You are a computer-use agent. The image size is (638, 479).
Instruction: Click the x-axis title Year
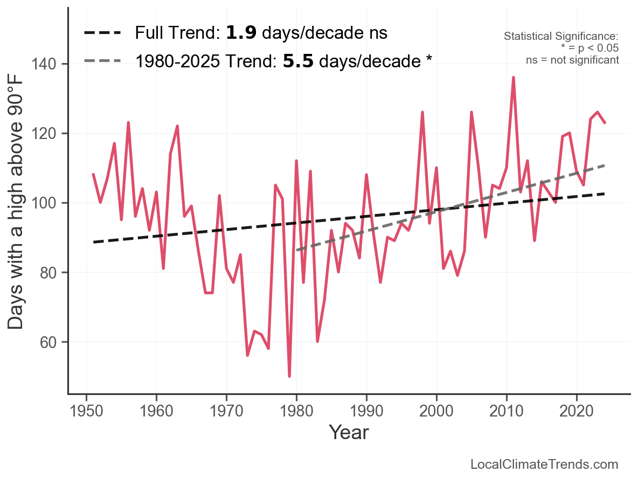click(349, 432)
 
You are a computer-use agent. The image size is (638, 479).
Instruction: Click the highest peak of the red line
click(514, 78)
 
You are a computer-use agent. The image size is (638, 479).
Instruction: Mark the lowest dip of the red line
click(289, 376)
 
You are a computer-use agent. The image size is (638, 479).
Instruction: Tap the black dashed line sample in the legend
click(102, 33)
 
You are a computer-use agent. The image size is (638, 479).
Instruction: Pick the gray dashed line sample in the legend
click(102, 61)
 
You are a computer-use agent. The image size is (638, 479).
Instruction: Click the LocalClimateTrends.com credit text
click(544, 464)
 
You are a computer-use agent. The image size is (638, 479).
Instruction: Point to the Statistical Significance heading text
click(561, 37)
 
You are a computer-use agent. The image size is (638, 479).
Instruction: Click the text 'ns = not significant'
click(572, 60)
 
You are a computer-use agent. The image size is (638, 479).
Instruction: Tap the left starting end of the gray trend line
click(297, 250)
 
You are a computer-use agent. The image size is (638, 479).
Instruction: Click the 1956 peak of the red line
click(128, 123)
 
